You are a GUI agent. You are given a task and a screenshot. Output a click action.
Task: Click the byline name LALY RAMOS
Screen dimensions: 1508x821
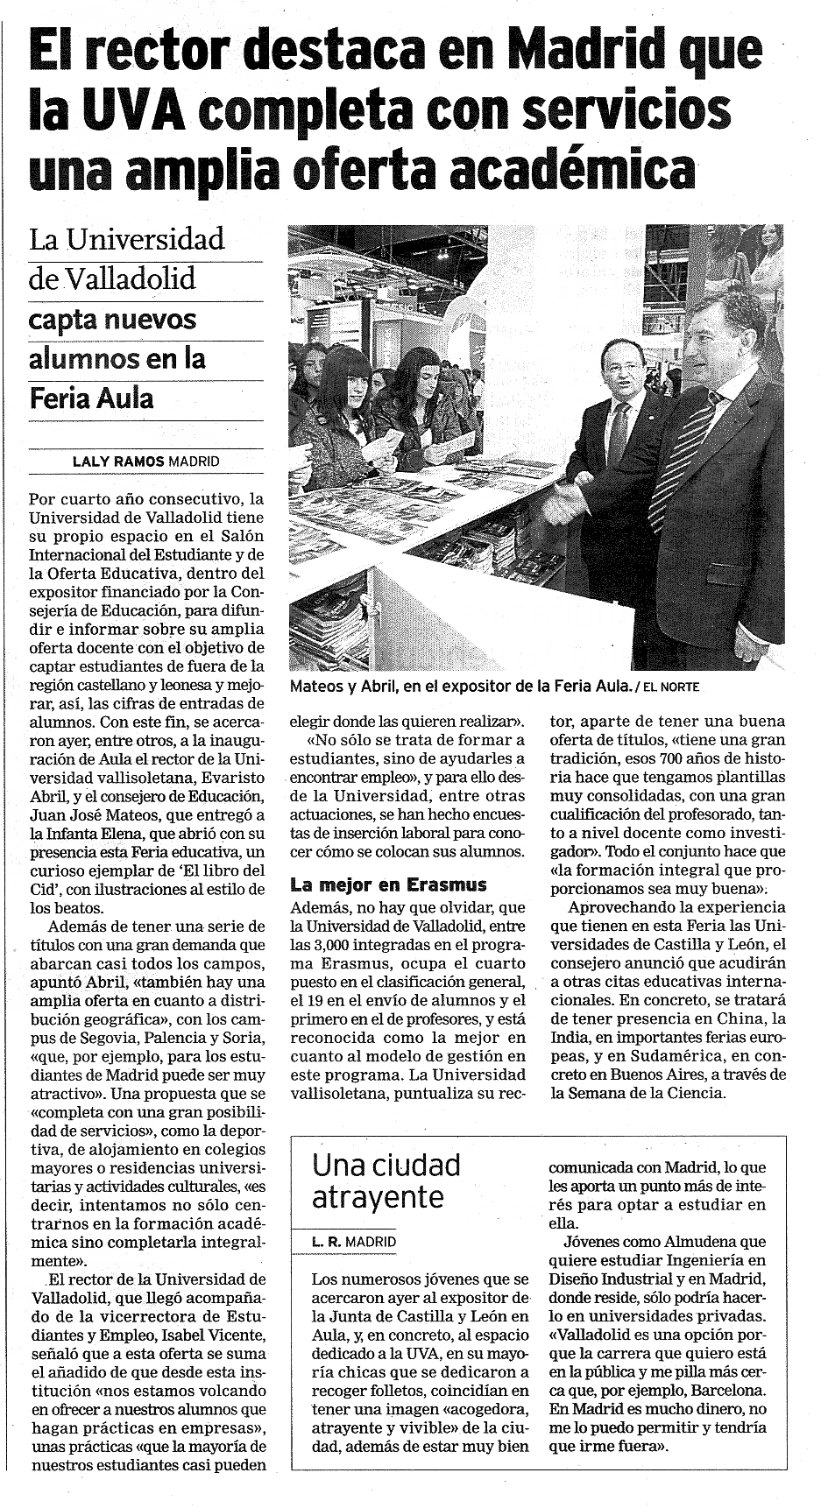(119, 461)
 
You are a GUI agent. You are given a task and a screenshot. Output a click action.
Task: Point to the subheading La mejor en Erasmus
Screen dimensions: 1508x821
(387, 884)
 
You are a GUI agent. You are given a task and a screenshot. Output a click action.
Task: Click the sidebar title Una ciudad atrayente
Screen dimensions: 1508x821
(386, 1180)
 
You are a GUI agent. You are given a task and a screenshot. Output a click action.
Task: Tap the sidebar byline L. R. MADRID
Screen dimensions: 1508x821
(354, 1242)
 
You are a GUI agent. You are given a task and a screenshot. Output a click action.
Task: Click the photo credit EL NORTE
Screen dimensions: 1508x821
(671, 687)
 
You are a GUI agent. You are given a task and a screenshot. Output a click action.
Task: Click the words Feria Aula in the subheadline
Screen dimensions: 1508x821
(91, 398)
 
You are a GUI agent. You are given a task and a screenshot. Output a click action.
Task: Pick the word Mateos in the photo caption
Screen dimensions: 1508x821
(317, 687)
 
